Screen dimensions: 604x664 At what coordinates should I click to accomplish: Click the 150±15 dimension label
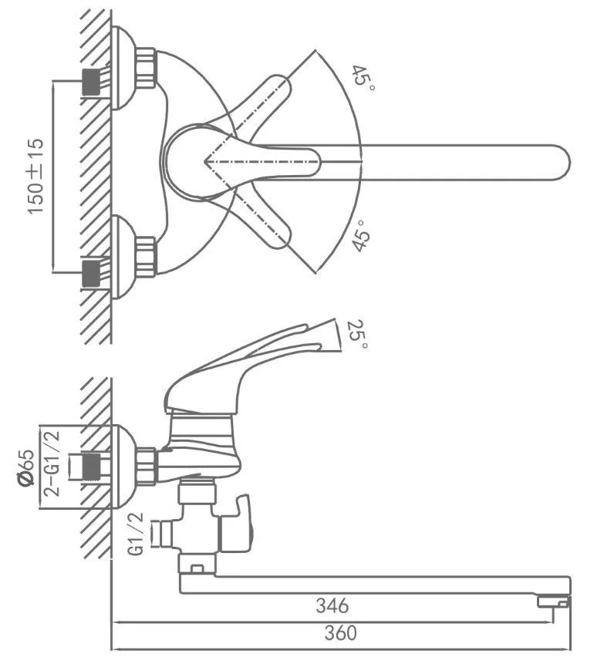pyautogui.click(x=36, y=176)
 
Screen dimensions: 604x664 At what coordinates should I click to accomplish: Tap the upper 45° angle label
pyautogui.click(x=364, y=77)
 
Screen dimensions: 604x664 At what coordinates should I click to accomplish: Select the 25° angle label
pyautogui.click(x=358, y=334)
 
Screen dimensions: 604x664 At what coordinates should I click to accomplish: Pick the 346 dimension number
pyautogui.click(x=332, y=605)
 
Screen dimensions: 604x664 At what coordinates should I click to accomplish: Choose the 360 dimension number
pyautogui.click(x=340, y=632)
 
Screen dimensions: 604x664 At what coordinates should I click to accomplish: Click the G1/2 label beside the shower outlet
pyautogui.click(x=136, y=534)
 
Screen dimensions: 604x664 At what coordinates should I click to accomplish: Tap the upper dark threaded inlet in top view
pyautogui.click(x=91, y=82)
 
